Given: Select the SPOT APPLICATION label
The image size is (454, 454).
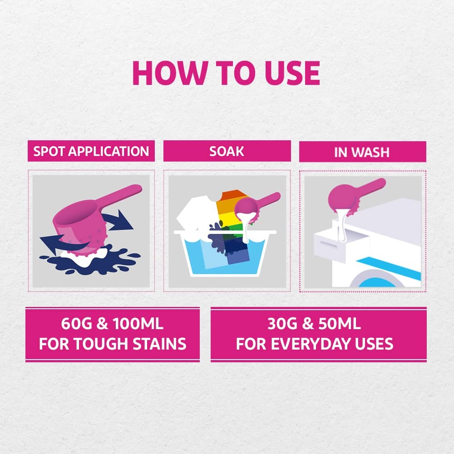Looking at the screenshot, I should point(91,151).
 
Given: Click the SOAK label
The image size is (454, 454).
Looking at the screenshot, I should point(227,151).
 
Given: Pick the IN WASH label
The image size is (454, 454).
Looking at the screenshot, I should point(362,152).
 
